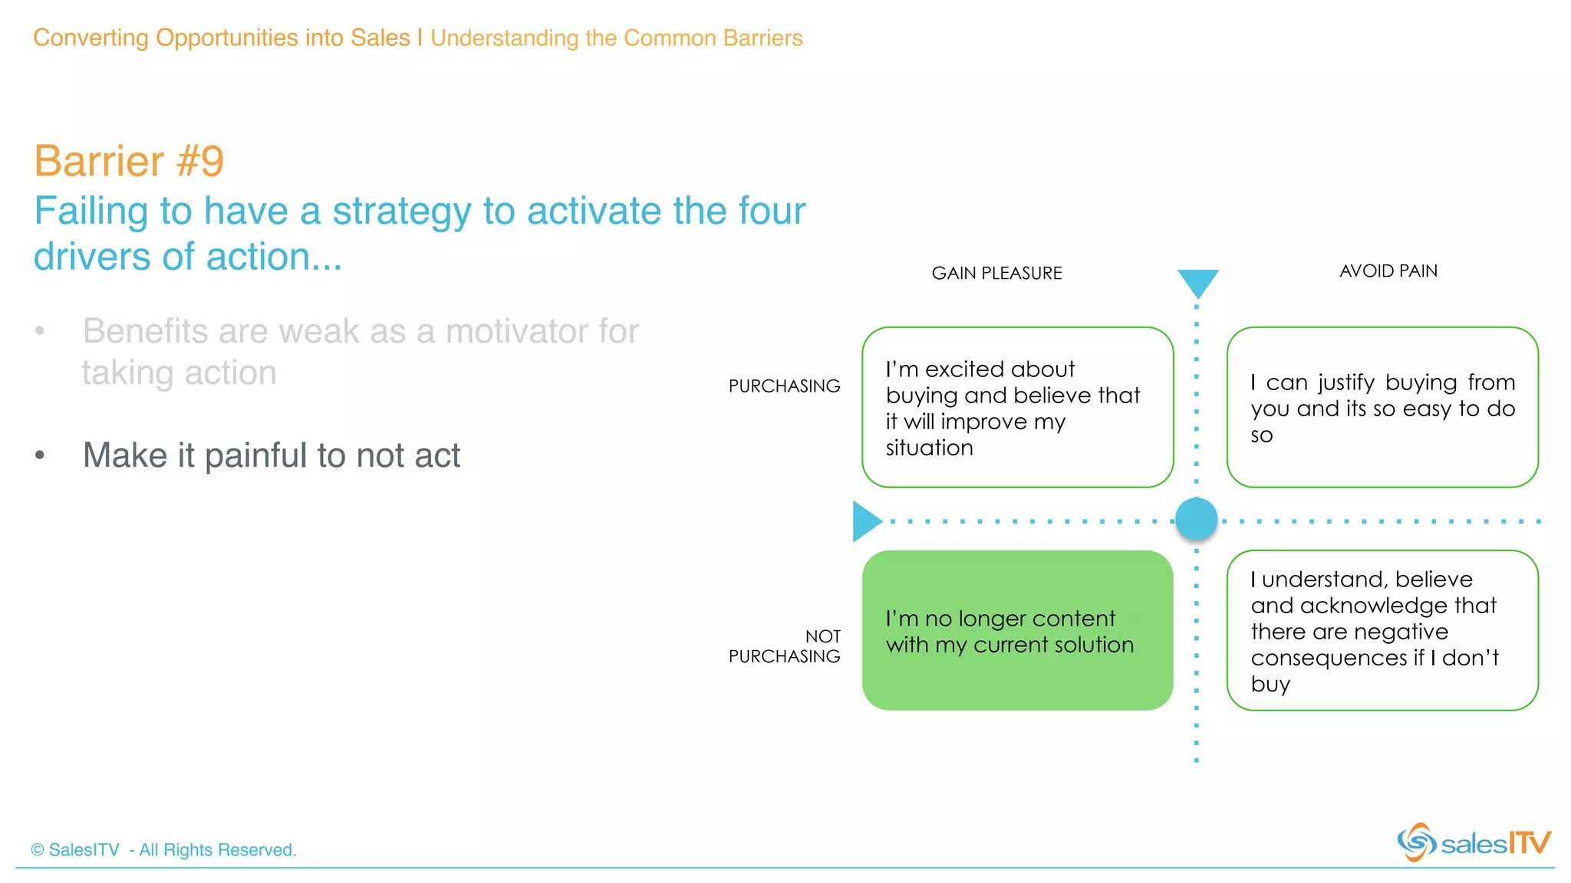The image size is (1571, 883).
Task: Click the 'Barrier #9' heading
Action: click(x=129, y=161)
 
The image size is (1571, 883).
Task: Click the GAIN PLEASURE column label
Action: click(x=996, y=274)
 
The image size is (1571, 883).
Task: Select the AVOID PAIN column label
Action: click(x=1388, y=271)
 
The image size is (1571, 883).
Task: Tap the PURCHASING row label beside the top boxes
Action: click(x=784, y=386)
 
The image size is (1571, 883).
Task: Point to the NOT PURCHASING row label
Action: click(x=784, y=646)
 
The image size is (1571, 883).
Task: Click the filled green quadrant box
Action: click(x=1017, y=630)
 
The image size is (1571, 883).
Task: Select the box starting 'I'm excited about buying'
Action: click(x=1017, y=407)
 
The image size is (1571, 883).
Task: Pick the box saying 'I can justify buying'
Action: click(x=1382, y=407)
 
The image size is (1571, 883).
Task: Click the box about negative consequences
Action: click(x=1382, y=630)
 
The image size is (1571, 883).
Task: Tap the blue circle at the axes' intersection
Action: click(x=1196, y=519)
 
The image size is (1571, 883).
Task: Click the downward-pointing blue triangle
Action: click(x=1197, y=281)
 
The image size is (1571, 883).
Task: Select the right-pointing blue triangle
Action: click(x=865, y=521)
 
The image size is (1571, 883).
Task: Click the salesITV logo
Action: click(x=1473, y=842)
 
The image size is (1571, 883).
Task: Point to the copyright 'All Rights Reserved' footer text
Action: click(x=163, y=850)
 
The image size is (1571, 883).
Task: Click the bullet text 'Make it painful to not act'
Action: click(x=271, y=455)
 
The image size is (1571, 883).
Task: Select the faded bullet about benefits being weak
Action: click(x=360, y=352)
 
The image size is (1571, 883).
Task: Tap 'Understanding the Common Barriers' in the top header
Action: click(x=616, y=38)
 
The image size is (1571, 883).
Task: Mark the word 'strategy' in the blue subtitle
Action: click(x=401, y=212)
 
